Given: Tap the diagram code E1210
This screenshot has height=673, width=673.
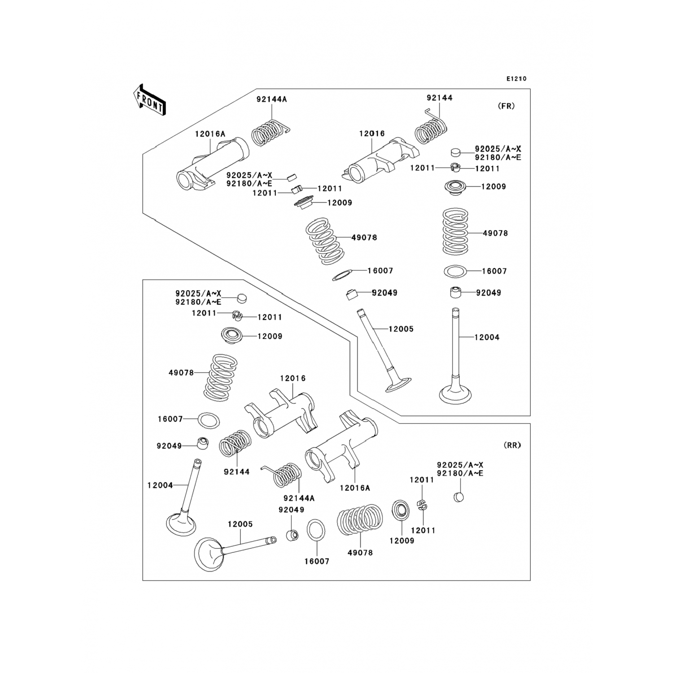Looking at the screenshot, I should (x=516, y=79).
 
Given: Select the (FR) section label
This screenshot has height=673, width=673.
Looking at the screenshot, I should (x=506, y=106).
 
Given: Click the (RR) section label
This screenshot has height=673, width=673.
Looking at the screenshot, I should (x=512, y=445).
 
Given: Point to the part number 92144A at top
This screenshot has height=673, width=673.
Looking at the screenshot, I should (x=271, y=99).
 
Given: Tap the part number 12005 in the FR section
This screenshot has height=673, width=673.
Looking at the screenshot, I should (x=401, y=329).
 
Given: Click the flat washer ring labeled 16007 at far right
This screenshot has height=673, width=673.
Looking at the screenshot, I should (x=455, y=271).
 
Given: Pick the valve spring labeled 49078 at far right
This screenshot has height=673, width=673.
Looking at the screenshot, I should (x=456, y=232).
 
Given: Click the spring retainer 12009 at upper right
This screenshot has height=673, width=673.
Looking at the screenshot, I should (x=456, y=186).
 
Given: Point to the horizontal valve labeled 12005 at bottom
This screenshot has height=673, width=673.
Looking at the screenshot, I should (x=233, y=549).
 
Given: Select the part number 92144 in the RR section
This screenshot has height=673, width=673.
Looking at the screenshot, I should (x=236, y=472).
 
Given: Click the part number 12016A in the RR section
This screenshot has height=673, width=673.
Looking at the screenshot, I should (x=355, y=488).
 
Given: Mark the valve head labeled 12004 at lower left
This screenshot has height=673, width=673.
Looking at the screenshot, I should (x=181, y=523).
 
